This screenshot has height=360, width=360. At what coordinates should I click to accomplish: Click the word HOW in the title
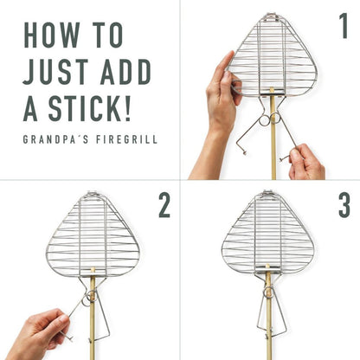tap(52, 35)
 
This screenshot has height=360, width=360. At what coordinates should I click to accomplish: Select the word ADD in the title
tap(125, 71)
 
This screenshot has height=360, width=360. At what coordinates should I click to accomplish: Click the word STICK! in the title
tap(90, 108)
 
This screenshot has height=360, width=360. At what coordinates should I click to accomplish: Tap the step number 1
tap(343, 26)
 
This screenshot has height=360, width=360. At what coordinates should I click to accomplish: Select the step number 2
tap(164, 205)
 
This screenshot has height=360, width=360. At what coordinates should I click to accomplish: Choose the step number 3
tap(344, 205)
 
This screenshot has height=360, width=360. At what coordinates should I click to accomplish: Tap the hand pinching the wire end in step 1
tap(305, 162)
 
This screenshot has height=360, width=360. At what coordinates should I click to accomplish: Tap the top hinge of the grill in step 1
tap(273, 16)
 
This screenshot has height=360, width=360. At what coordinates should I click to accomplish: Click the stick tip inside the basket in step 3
tap(267, 266)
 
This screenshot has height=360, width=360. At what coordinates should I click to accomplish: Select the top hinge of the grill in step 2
tap(93, 194)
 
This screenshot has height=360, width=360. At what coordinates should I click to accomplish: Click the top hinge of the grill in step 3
tap(268, 193)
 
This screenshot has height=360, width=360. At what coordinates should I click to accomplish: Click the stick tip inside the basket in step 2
tap(93, 269)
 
